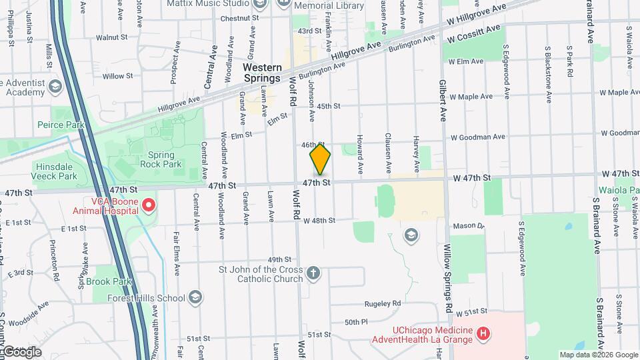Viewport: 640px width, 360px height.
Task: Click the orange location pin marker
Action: (320, 159)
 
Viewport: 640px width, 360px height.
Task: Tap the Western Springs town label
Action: (261, 73)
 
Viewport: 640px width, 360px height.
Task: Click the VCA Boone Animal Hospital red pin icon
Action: (148, 204)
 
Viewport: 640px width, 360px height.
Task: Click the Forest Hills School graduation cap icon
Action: (195, 297)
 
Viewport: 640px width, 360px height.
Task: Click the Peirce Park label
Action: (60, 125)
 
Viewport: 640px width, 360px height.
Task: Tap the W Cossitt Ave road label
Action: (474, 31)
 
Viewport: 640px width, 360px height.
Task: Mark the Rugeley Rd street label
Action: (382, 303)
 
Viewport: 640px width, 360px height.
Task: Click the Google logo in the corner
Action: (22, 351)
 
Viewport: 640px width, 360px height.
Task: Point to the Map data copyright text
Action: (597, 355)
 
